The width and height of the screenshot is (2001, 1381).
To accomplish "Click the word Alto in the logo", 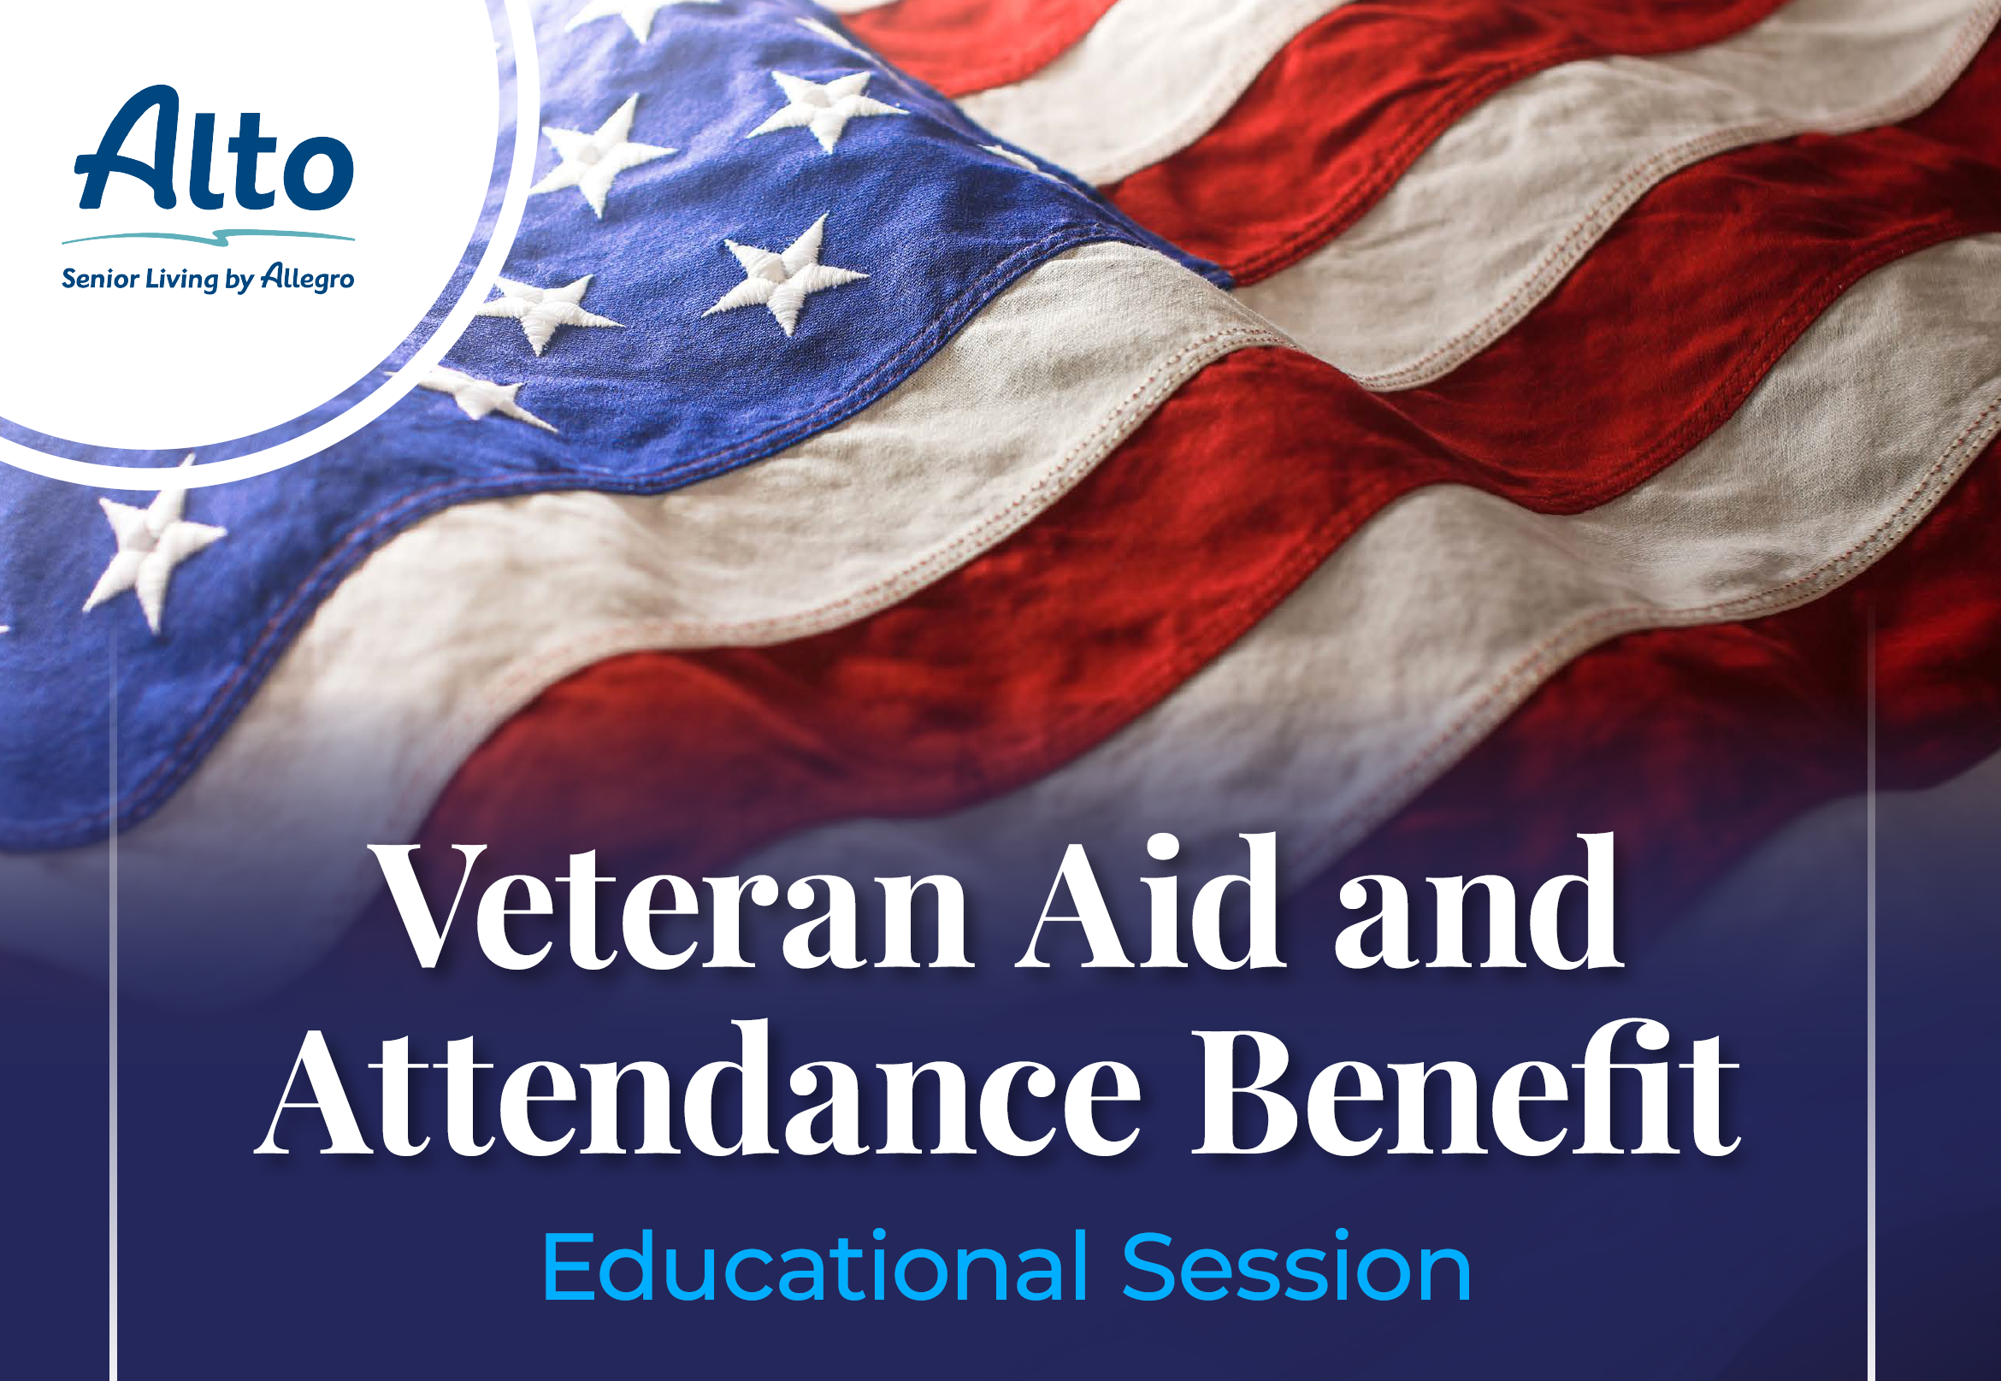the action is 215,148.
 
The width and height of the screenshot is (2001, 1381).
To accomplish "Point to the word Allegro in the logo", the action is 308,278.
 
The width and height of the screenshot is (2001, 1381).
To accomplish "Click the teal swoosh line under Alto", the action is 208,236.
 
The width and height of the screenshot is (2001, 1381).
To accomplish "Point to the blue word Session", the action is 1296,1266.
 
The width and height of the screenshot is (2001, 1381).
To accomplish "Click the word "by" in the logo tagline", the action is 239,280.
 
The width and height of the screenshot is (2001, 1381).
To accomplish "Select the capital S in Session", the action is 1152,1266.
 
